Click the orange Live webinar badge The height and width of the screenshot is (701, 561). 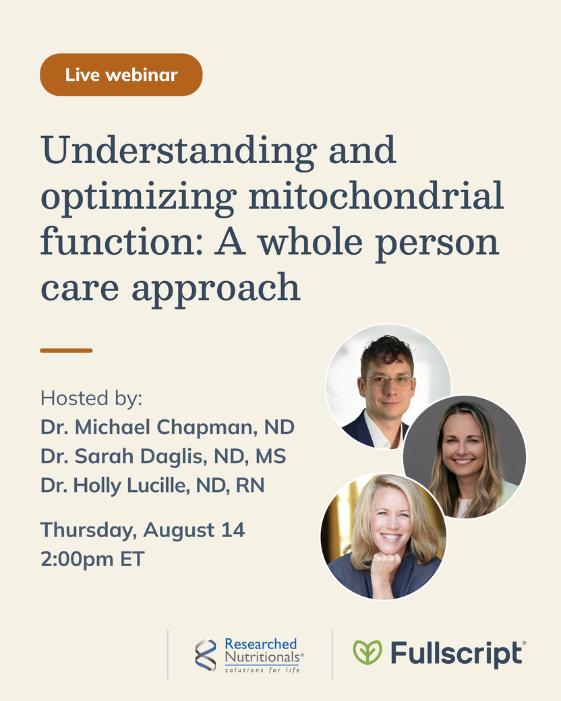[x=121, y=75]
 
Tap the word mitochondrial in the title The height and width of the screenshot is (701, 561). [x=376, y=196]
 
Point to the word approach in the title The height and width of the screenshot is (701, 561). [x=216, y=289]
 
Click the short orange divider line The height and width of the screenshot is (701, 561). [x=66, y=350]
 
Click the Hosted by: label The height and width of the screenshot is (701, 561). [x=91, y=398]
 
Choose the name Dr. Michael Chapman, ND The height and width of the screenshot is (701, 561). [x=167, y=427]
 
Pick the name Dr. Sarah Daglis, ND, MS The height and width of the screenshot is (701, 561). [x=163, y=456]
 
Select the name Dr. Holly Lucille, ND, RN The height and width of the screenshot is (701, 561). [x=152, y=485]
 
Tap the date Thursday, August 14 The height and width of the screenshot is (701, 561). [x=143, y=530]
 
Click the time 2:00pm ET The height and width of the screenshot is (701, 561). [x=92, y=559]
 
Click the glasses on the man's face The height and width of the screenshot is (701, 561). [x=388, y=381]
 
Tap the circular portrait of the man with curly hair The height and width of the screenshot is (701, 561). [x=388, y=386]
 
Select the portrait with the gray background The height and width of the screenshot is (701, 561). [x=465, y=457]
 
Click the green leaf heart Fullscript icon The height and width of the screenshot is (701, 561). [x=367, y=652]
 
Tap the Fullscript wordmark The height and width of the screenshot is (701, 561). [x=458, y=654]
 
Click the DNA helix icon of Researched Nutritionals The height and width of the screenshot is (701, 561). [x=206, y=655]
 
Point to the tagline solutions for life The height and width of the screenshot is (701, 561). [x=262, y=670]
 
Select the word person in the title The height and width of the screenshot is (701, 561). [x=437, y=243]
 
